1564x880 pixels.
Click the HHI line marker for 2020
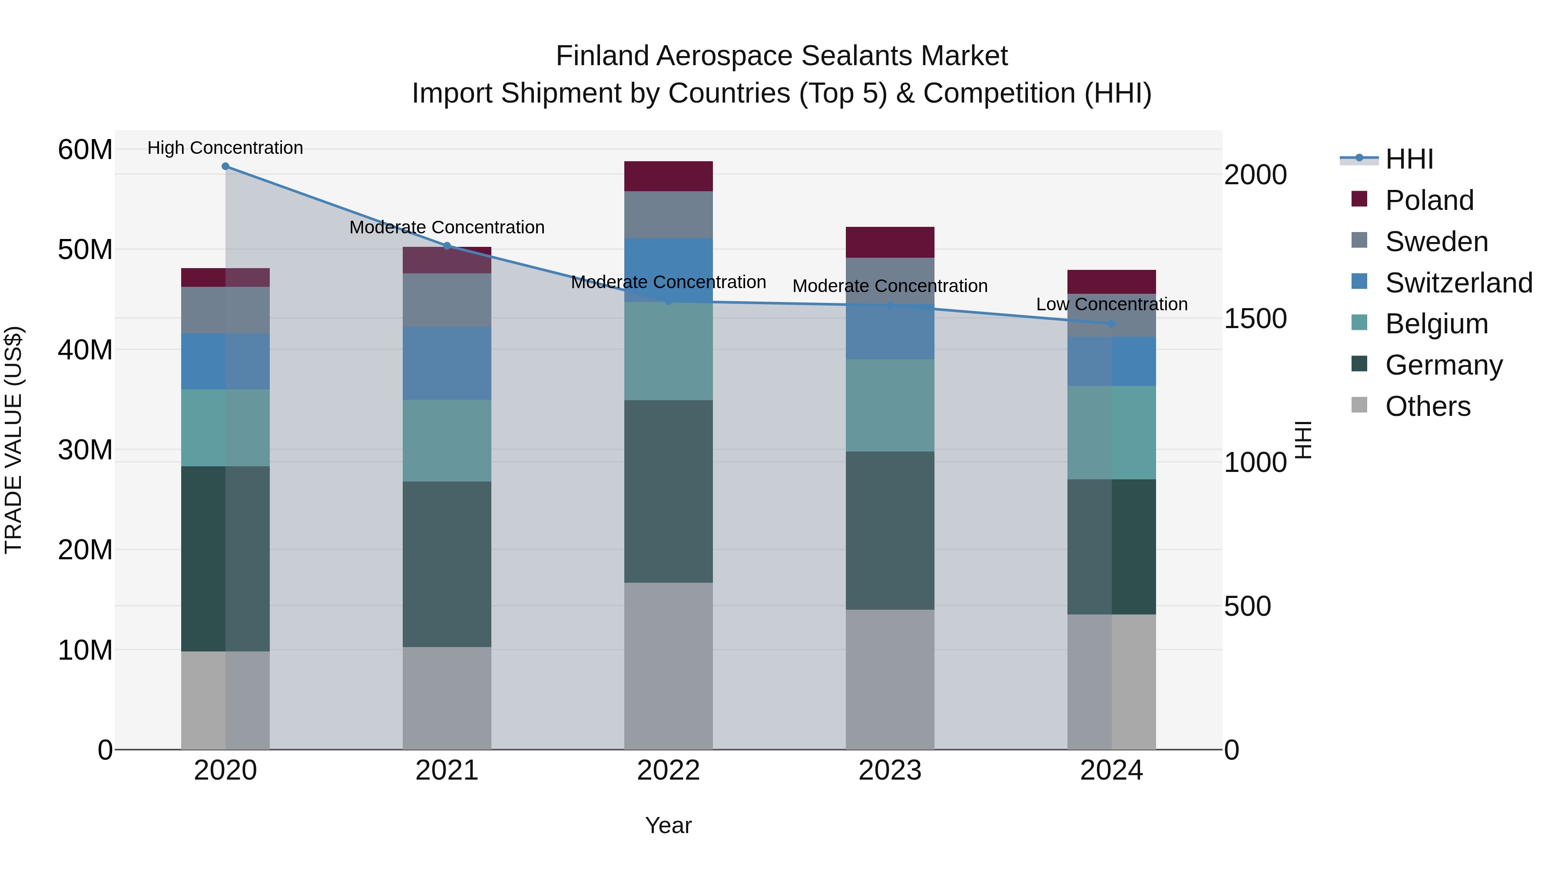pos(225,166)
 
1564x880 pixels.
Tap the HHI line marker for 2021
pos(447,246)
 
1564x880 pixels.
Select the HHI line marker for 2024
pos(1112,324)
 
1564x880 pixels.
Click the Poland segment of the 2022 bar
pos(669,176)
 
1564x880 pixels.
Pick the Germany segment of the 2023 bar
pos(890,530)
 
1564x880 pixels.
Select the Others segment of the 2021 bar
pos(447,698)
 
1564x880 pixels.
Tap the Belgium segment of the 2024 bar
pos(1112,432)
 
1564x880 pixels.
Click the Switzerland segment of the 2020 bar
pos(225,362)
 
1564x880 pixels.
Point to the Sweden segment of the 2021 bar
pos(447,300)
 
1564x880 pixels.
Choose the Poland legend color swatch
pos(1359,199)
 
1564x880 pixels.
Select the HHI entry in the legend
pos(1408,159)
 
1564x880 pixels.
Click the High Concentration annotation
pos(225,148)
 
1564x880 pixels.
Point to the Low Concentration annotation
pos(1112,304)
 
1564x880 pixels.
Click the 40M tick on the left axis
pos(85,350)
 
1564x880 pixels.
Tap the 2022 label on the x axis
pos(669,770)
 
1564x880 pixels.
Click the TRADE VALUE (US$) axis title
pos(13,440)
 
